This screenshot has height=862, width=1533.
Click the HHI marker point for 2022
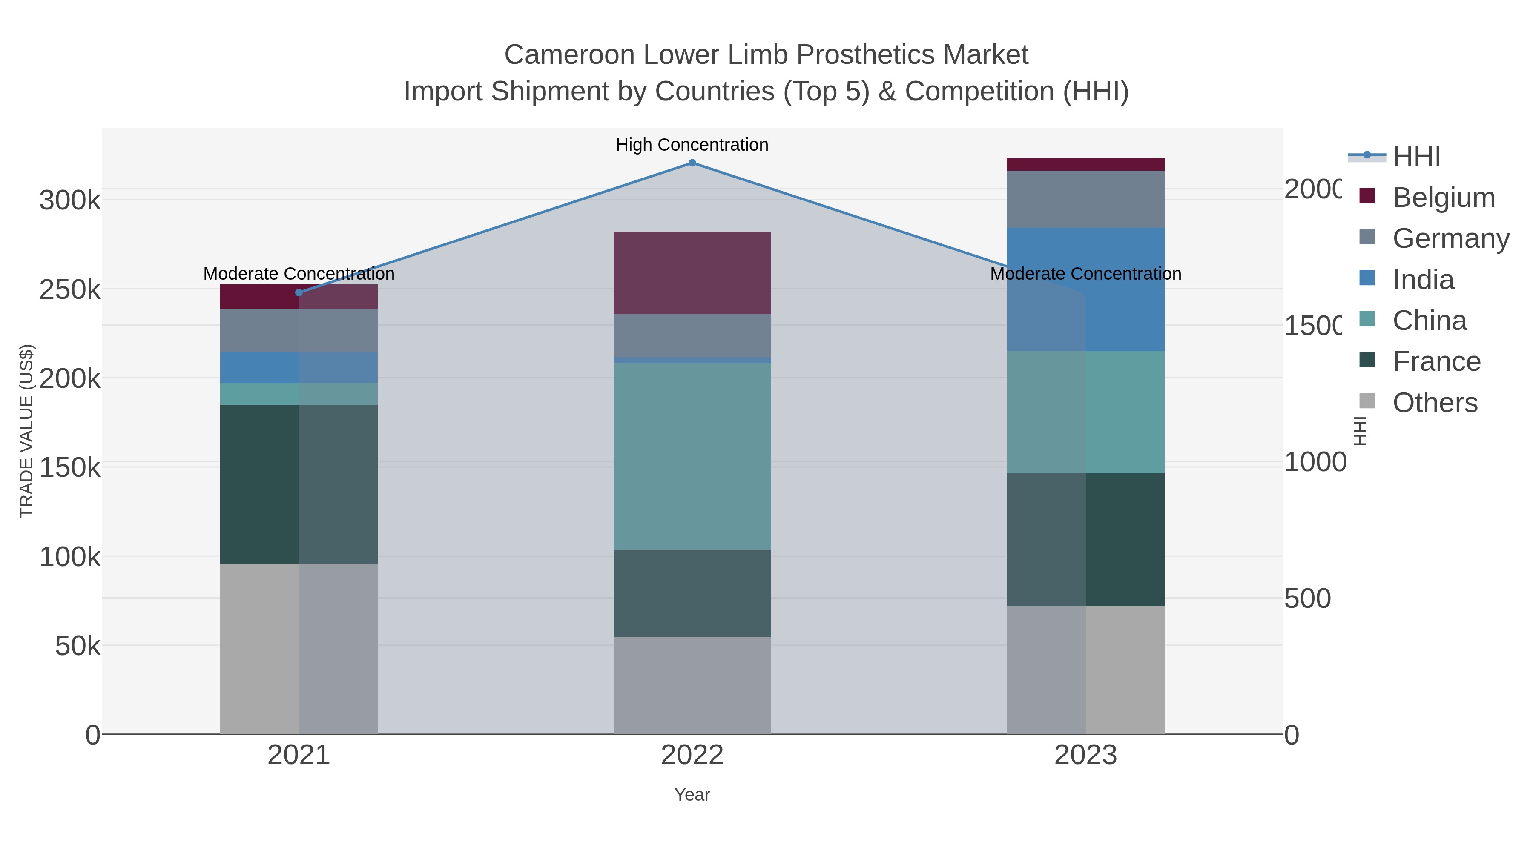coord(692,163)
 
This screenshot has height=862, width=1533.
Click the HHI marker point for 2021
coord(299,293)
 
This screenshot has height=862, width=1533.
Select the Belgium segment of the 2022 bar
coord(692,272)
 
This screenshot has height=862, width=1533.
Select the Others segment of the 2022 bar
coord(692,685)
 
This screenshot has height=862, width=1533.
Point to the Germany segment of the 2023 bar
coord(1085,199)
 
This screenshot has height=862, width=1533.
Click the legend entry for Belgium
coord(1443,198)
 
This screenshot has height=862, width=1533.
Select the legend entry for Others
coord(1434,403)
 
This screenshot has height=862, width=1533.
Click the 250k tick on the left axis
coord(70,290)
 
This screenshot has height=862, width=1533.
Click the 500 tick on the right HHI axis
coord(1307,599)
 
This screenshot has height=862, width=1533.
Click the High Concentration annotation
coord(692,145)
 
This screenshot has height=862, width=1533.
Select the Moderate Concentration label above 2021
coord(299,274)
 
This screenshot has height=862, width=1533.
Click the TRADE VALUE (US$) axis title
coord(27,431)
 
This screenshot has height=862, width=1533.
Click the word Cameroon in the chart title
coord(569,55)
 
